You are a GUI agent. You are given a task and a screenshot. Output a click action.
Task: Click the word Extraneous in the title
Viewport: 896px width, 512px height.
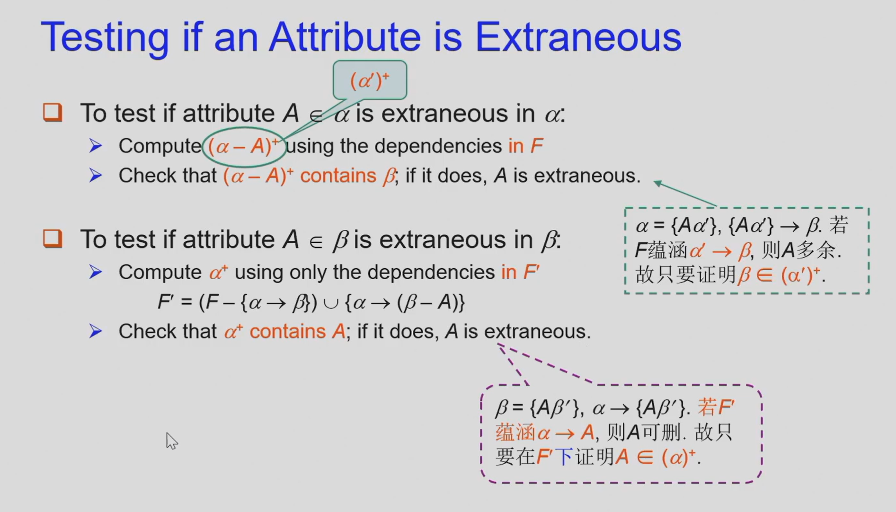point(578,37)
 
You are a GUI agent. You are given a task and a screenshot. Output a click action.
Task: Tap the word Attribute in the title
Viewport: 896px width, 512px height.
point(345,37)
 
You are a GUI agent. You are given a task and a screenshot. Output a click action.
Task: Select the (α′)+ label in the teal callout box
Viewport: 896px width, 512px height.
point(370,80)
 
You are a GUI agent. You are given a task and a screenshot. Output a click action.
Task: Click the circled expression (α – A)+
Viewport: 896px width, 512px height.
point(243,146)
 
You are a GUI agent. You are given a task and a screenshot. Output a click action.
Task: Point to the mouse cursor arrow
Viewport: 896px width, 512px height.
point(171,441)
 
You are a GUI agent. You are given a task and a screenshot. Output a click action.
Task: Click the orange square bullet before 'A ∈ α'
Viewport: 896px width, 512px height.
point(53,113)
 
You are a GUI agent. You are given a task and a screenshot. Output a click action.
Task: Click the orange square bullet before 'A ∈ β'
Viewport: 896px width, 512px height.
point(53,239)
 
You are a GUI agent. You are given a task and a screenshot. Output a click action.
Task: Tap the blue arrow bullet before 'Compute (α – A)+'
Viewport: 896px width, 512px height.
point(96,146)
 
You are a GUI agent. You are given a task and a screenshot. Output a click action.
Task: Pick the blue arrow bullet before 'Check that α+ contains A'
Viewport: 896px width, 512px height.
point(96,331)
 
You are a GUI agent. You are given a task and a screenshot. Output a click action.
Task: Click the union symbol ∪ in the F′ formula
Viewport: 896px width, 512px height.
point(331,303)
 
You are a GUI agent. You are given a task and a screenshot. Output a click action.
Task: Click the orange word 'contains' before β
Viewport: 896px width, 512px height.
point(338,176)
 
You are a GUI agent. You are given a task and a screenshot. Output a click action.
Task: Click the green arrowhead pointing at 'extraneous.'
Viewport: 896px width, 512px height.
point(657,183)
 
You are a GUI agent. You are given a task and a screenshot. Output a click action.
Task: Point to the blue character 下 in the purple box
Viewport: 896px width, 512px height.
point(564,457)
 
